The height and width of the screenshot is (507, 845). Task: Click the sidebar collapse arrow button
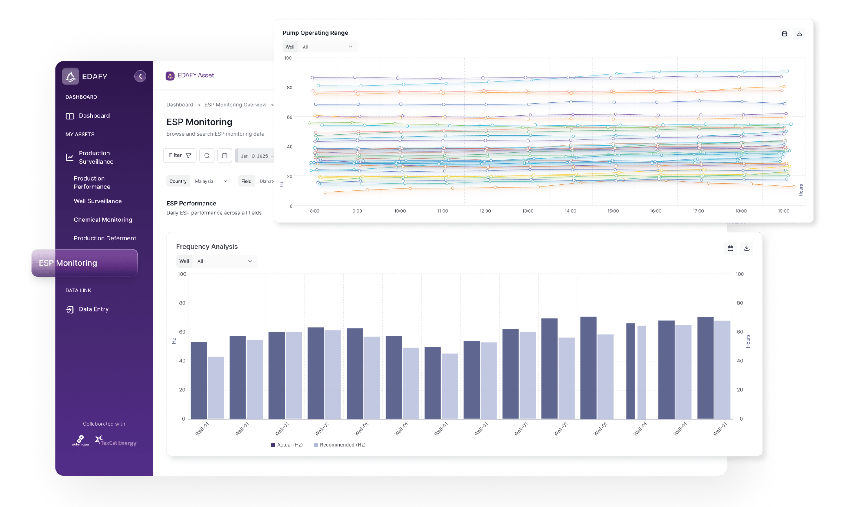[140, 76]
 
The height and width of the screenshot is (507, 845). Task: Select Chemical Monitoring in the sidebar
[103, 220]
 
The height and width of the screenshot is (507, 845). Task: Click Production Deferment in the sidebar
[104, 238]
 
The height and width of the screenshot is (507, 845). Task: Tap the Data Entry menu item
[93, 309]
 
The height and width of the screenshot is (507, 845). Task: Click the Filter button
[180, 155]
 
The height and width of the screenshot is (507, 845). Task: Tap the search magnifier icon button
[207, 156]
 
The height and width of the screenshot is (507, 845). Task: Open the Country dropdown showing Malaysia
[211, 181]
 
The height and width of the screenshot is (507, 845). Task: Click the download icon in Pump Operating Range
[799, 34]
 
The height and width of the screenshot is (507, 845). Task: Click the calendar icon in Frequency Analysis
[730, 248]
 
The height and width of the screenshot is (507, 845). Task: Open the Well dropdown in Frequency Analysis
[224, 261]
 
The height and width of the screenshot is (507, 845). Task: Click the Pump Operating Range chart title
[315, 33]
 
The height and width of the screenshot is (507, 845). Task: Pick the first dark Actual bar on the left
[199, 380]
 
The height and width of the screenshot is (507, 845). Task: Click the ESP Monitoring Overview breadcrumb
[235, 105]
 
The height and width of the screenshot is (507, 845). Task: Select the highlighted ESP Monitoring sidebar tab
[84, 263]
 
